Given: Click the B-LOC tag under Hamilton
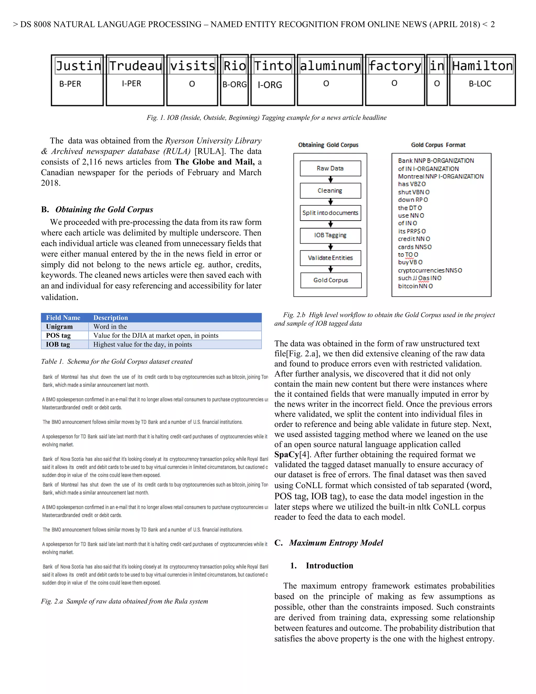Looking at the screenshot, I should click(x=480, y=84).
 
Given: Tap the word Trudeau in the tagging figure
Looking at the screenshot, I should click(x=136, y=66).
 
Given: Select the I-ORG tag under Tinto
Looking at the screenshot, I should click(x=270, y=85).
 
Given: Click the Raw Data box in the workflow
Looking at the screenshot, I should click(x=330, y=168).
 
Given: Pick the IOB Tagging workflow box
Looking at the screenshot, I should click(x=330, y=235).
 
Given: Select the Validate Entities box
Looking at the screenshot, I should click(x=330, y=258).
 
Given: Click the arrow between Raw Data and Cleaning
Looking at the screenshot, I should click(x=331, y=180).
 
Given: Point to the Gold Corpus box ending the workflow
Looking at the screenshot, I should click(x=331, y=280).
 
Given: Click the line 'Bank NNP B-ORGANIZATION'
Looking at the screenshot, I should click(x=436, y=161).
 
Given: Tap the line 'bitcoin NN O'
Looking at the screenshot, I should click(x=415, y=286).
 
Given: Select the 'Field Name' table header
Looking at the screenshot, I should click(x=63, y=317).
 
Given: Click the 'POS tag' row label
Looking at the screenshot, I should click(x=58, y=335).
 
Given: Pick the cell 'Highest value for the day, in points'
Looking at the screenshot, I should click(x=143, y=344).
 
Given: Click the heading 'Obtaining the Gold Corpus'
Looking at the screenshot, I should click(x=104, y=210).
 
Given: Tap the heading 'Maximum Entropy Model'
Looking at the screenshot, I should click(x=336, y=543).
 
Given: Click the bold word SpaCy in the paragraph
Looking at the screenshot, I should click(x=286, y=454).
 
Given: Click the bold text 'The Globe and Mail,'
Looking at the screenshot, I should click(x=215, y=162).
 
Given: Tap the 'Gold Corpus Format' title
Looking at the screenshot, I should click(x=438, y=145).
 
